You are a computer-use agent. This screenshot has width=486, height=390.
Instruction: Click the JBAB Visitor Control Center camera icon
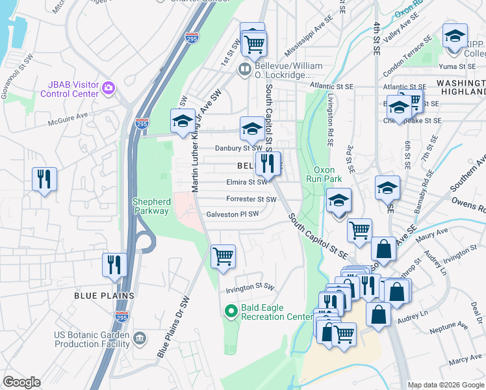click(x=109, y=87)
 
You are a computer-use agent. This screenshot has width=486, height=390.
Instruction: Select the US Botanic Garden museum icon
click(x=139, y=338)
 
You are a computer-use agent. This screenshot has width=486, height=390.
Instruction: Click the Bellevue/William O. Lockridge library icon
click(x=244, y=69)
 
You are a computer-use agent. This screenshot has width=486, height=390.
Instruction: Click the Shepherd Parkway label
click(x=151, y=206)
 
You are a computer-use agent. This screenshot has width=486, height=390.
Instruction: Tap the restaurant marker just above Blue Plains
click(x=114, y=265)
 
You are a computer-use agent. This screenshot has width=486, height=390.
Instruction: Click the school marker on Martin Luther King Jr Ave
click(x=183, y=121)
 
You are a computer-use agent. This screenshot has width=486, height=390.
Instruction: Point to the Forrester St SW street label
click(x=251, y=199)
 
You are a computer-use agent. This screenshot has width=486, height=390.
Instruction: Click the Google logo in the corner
click(x=21, y=382)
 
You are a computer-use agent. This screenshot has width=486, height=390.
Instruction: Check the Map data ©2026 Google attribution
click(x=446, y=385)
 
